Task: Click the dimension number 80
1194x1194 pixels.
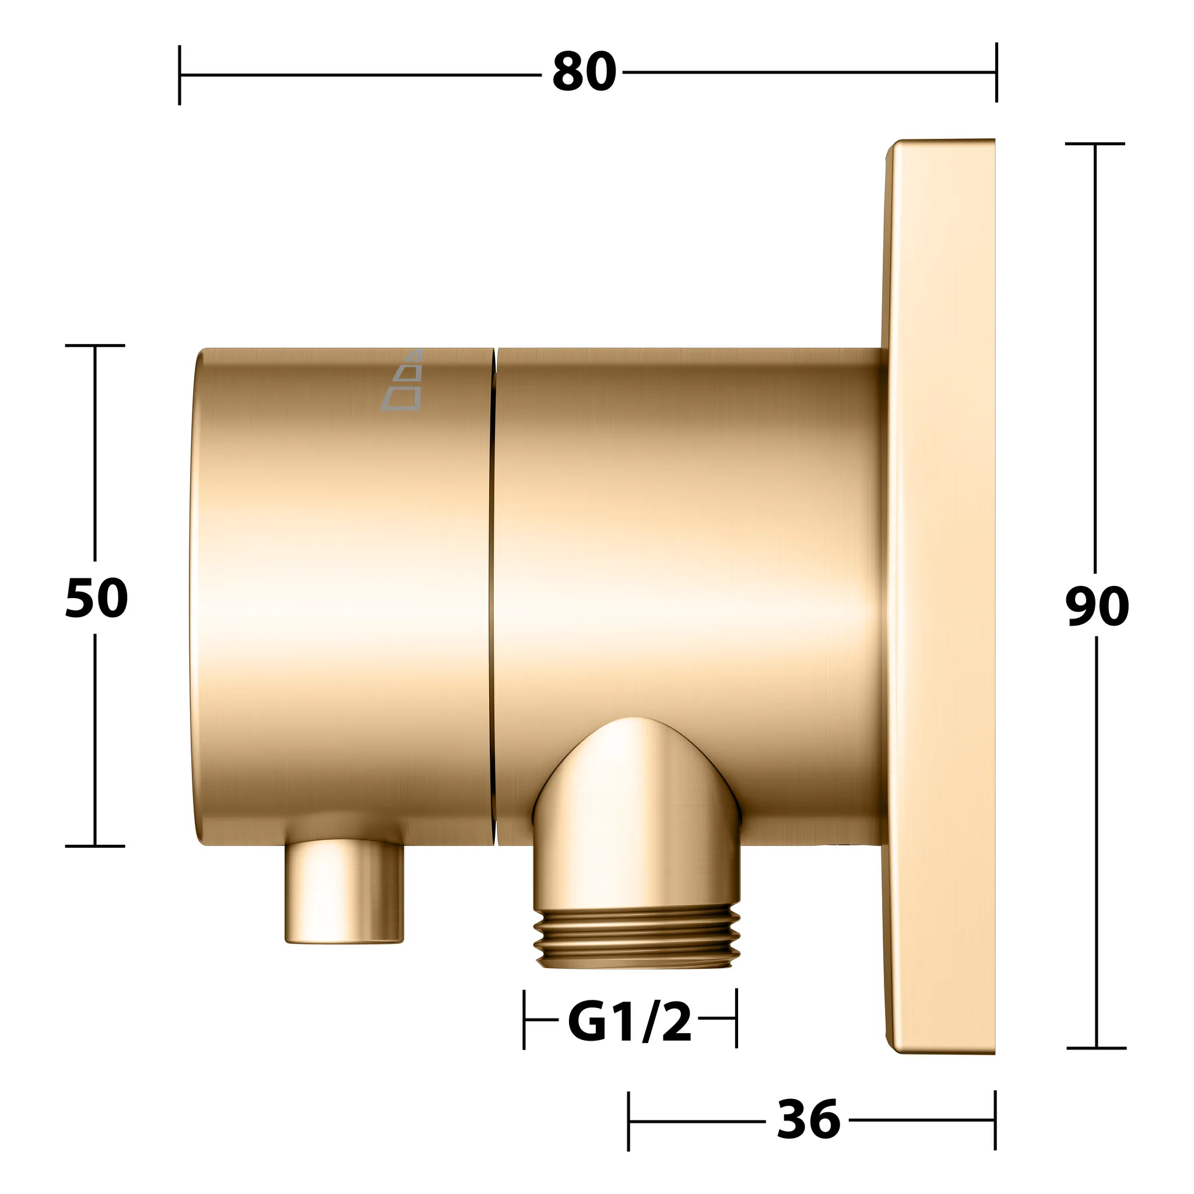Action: [584, 73]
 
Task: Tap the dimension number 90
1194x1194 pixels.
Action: [1097, 607]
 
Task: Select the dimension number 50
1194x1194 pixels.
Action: [96, 599]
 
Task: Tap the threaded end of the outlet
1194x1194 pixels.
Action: [637, 936]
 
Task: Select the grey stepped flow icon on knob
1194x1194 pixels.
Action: [405, 383]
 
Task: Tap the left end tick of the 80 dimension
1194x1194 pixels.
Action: [180, 75]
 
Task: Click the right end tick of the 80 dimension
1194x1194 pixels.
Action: [996, 72]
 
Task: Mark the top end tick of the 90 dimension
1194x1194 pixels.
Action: [1095, 144]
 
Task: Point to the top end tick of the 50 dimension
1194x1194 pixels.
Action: [95, 346]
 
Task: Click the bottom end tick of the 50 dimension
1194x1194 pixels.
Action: [95, 845]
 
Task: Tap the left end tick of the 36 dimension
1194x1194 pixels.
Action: [628, 1121]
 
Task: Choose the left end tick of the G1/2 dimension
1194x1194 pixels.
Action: [524, 1019]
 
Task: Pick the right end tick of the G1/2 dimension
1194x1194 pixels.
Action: [736, 1018]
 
